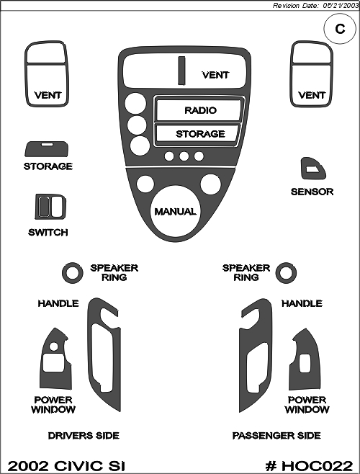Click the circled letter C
coord(340,29)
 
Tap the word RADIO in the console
coord(200,110)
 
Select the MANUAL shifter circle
coord(175,211)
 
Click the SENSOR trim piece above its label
coord(313,169)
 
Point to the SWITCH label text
coord(48,233)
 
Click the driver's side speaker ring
coord(73,273)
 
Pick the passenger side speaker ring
coord(286,273)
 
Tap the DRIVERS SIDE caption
coord(84,436)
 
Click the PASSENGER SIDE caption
coord(276,436)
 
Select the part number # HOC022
coord(309,466)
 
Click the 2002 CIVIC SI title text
coord(66,466)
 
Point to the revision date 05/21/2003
coord(341,6)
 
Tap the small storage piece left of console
coord(47,148)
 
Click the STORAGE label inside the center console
coord(200,134)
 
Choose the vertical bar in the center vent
coord(181,71)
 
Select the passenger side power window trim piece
coord(304,359)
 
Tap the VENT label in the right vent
coord(312,95)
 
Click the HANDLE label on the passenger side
coord(302,303)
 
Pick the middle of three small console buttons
coord(184,156)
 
